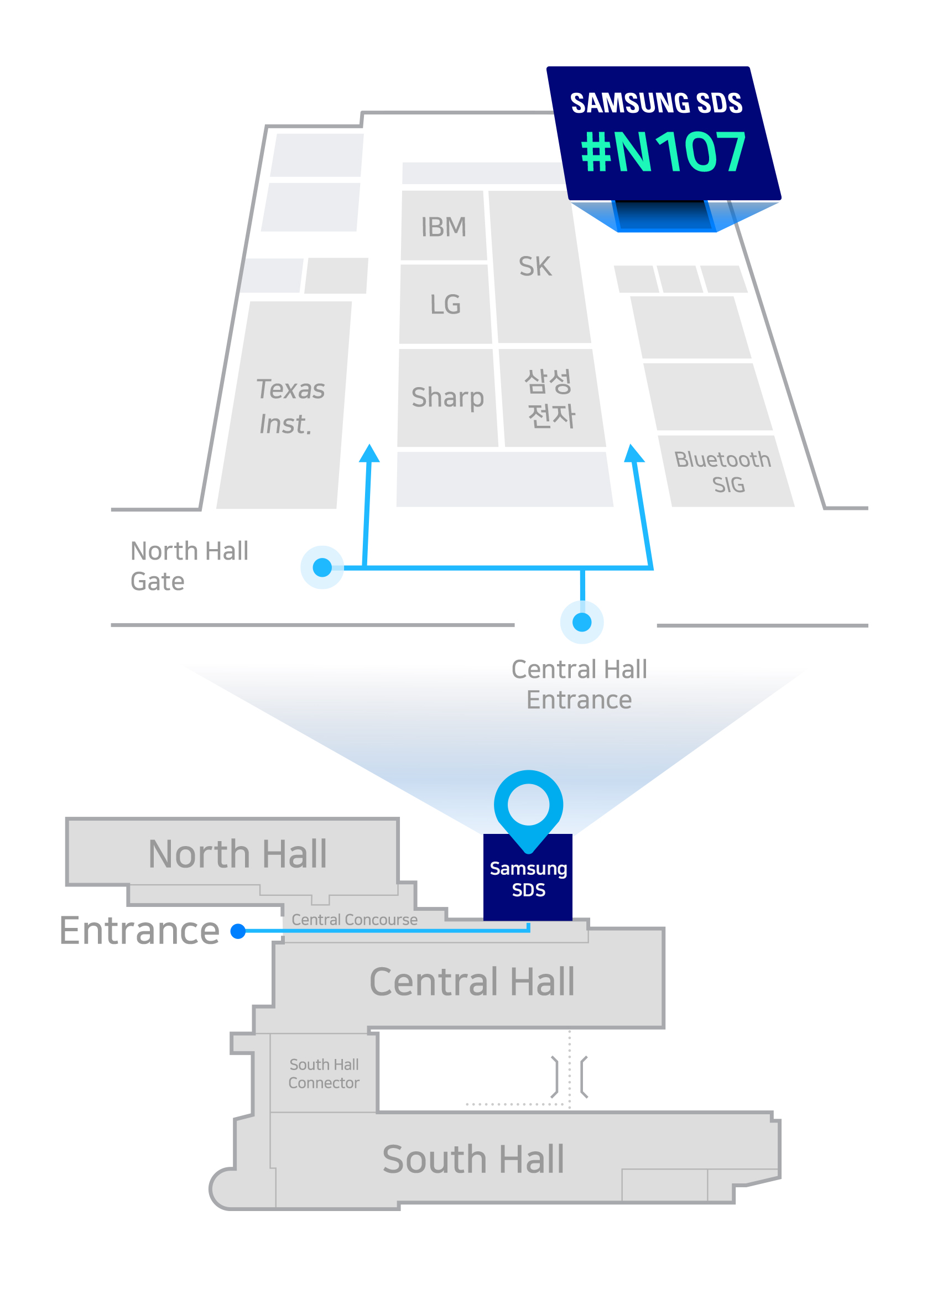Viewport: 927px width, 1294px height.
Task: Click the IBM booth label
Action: (444, 227)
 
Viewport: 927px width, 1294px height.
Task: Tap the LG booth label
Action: (445, 305)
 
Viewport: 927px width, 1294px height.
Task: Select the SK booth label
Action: (535, 267)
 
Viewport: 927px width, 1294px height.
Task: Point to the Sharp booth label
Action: (447, 398)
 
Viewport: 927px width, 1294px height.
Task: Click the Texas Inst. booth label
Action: (289, 406)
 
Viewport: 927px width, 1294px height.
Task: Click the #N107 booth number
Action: (663, 152)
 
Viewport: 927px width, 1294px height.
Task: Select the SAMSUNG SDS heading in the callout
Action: (657, 103)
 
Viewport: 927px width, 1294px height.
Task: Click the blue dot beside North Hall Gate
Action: (322, 568)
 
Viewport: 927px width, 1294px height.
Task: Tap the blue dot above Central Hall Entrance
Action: (582, 622)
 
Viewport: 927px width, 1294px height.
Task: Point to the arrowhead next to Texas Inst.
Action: (369, 453)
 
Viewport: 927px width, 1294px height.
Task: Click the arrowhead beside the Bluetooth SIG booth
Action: (633, 453)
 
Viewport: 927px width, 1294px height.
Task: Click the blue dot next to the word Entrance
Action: (238, 931)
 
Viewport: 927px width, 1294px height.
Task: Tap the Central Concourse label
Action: (355, 920)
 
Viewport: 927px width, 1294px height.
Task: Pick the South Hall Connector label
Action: (324, 1074)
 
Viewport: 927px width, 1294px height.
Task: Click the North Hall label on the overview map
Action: (237, 854)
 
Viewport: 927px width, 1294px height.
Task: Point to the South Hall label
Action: (473, 1160)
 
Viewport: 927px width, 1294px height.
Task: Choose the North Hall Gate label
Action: (189, 566)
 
